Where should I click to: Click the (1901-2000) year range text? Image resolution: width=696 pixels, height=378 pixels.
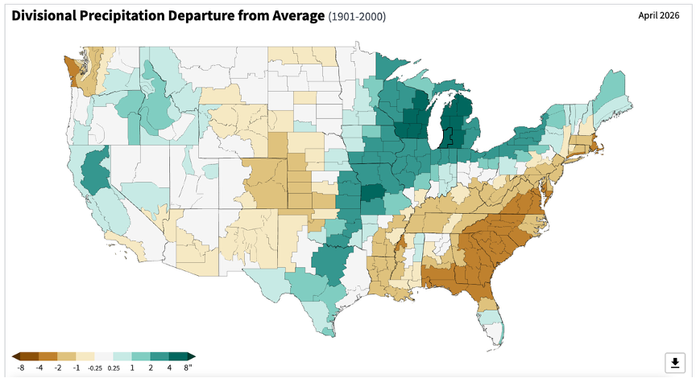(x=357, y=17)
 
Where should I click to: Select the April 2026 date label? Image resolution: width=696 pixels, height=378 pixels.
(x=659, y=15)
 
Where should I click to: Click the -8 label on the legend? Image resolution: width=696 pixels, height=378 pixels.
(x=20, y=368)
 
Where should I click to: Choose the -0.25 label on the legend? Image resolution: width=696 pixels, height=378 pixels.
(x=94, y=368)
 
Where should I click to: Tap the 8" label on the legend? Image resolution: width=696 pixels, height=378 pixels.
(x=188, y=368)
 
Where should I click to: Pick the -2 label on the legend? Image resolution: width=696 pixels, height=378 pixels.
(x=58, y=368)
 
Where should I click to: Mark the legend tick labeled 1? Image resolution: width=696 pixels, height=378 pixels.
(x=132, y=368)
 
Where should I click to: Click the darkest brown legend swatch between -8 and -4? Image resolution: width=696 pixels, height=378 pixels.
(x=30, y=356)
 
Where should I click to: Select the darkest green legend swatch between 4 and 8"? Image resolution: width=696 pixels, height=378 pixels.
(x=179, y=356)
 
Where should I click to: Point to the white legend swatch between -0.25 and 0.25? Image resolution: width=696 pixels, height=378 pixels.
(x=104, y=356)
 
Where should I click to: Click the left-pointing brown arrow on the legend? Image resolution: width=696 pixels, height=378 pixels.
(x=16, y=356)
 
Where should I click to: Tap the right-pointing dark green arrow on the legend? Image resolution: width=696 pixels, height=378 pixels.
(x=191, y=356)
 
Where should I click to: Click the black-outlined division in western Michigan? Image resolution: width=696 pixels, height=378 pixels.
(x=447, y=138)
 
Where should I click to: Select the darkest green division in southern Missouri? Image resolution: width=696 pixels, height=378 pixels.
(x=372, y=192)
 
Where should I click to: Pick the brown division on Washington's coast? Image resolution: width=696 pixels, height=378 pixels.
(x=71, y=67)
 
